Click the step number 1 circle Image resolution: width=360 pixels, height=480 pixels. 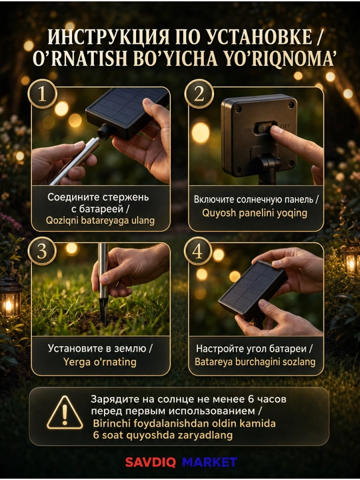tap(42, 94)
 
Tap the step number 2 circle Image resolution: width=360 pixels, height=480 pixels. tap(199, 94)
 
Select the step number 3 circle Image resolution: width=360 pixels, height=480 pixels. tap(42, 251)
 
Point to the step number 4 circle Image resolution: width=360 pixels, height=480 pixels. tap(198, 251)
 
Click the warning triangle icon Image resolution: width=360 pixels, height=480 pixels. tap(65, 413)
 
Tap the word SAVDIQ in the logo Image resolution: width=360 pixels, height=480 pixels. tap(150, 462)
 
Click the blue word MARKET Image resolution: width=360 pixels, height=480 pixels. tap(209, 462)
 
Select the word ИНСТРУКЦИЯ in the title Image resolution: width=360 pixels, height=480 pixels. tap(108, 37)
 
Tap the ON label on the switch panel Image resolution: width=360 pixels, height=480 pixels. tap(247, 131)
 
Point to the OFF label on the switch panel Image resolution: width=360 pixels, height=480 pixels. tap(285, 126)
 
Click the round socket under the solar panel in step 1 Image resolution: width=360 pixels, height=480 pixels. tap(105, 132)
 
